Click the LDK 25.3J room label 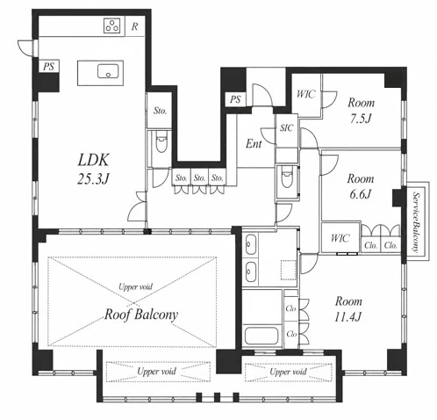[93, 169]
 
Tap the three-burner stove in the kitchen [112, 25]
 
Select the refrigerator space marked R [134, 26]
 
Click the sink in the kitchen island [108, 71]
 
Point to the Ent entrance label [254, 143]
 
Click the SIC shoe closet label [286, 127]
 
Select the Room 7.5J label [361, 111]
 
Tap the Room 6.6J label [361, 186]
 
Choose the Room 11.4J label [348, 308]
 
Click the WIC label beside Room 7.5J [306, 94]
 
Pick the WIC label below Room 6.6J [340, 238]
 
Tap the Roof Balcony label [141, 315]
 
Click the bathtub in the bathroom [261, 336]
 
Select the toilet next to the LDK [161, 141]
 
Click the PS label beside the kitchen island [49, 67]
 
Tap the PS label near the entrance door [235, 99]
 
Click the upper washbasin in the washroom [250, 244]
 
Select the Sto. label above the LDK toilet [160, 111]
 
